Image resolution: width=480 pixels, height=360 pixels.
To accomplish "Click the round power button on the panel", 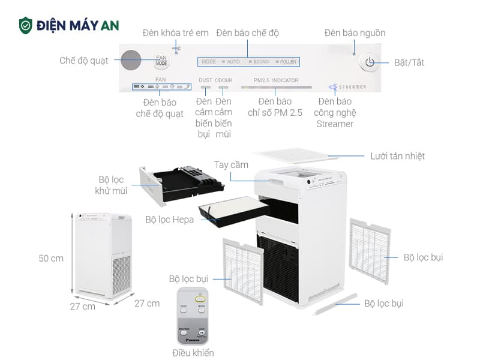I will point(369,62).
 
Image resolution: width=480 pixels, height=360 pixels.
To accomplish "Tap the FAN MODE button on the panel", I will point(161,60).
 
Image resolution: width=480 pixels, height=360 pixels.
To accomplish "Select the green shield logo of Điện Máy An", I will point(25,25).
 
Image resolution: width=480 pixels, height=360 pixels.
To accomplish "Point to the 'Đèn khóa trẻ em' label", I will point(176,32).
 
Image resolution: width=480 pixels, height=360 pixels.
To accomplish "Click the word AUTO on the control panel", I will point(233,62).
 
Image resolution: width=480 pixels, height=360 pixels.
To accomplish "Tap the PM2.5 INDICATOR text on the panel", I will point(275,80).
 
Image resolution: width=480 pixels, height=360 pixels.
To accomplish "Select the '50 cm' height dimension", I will point(51,259).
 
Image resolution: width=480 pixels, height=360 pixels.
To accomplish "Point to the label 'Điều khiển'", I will point(193,353).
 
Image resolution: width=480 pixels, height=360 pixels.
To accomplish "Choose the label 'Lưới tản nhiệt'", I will point(397,156).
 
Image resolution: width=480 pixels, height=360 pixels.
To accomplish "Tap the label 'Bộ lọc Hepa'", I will point(170,220).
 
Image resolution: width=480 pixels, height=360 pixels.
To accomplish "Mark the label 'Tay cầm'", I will point(231,164).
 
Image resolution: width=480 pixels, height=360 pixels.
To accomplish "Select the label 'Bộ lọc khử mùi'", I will point(111,185).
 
